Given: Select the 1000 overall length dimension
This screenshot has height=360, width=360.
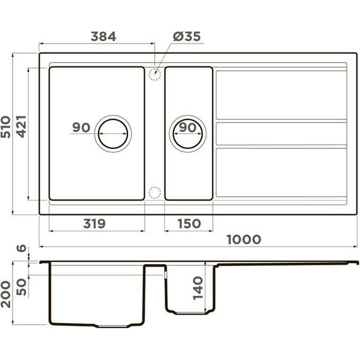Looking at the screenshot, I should pyautogui.click(x=243, y=239).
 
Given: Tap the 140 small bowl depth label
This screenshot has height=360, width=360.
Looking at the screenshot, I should pyautogui.click(x=198, y=290).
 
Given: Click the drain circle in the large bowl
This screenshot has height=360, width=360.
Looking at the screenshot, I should pyautogui.click(x=114, y=133).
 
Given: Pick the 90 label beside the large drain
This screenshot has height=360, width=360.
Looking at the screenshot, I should pyautogui.click(x=81, y=128).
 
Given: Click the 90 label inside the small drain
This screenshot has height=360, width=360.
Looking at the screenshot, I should pyautogui.click(x=187, y=128).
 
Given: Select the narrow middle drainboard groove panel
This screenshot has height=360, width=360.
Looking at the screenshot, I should pyautogui.click(x=281, y=133).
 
